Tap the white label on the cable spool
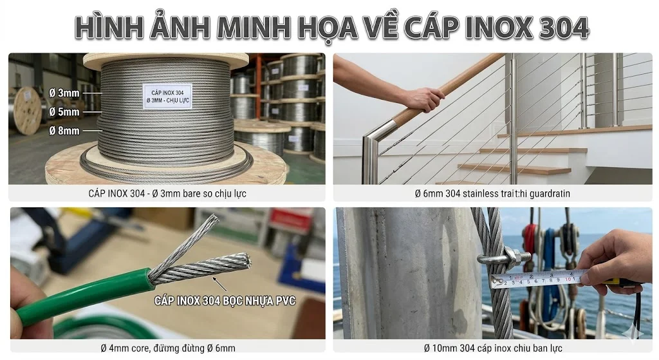click(x=167, y=96)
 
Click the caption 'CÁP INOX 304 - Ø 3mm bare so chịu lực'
click(x=167, y=193)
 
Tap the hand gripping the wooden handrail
click(x=422, y=99)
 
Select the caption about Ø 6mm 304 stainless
click(x=492, y=193)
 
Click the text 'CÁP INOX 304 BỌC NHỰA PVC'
click(x=225, y=300)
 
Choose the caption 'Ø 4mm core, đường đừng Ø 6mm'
click(x=167, y=348)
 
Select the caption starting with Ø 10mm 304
click(x=492, y=348)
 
